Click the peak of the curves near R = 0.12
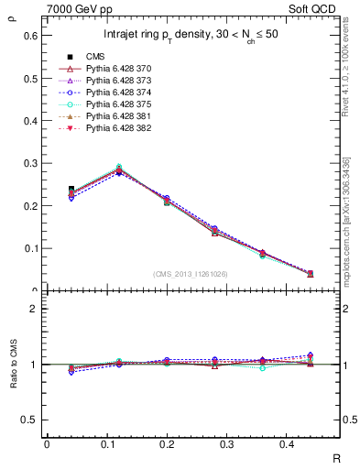tap(119, 169)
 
